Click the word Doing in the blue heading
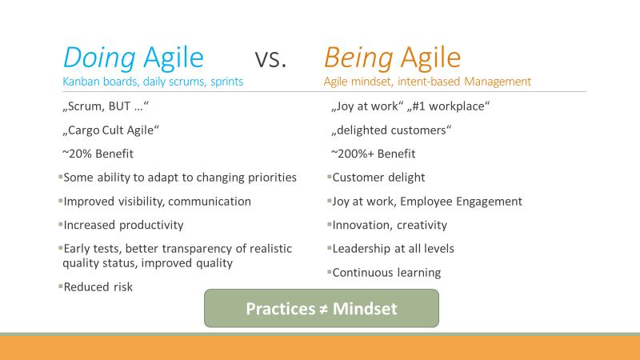pyautogui.click(x=99, y=58)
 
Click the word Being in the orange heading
pyautogui.click(x=358, y=58)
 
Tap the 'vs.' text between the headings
pyautogui.click(x=270, y=59)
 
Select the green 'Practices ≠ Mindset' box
pyautogui.click(x=322, y=308)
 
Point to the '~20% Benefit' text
pyautogui.click(x=98, y=154)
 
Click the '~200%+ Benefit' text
pyautogui.click(x=373, y=154)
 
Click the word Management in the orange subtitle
pyautogui.click(x=498, y=82)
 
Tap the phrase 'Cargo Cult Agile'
pyautogui.click(x=110, y=130)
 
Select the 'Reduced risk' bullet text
pyautogui.click(x=98, y=287)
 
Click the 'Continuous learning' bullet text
pyautogui.click(x=386, y=273)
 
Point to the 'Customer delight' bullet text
pyautogui.click(x=378, y=178)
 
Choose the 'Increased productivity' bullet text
pyautogui.click(x=123, y=225)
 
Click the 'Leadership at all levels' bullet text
pyautogui.click(x=393, y=249)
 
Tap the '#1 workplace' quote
pyautogui.click(x=448, y=106)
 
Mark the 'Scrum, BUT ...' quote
pyautogui.click(x=106, y=106)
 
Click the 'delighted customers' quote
pyautogui.click(x=391, y=130)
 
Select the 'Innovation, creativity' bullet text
pyautogui.click(x=390, y=225)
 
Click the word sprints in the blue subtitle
pyautogui.click(x=227, y=82)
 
